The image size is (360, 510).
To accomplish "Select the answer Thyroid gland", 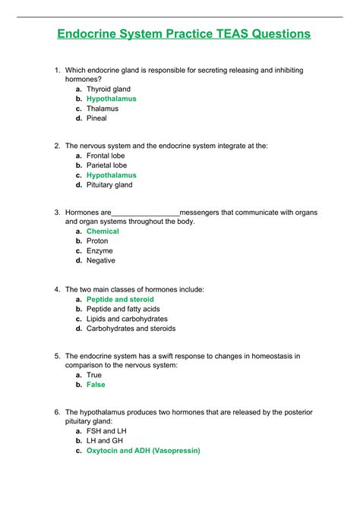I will click(x=108, y=90).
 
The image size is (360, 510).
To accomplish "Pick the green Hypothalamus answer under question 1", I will click(x=111, y=99).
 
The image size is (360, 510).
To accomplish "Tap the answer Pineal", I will click(x=96, y=118).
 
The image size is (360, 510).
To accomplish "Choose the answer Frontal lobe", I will click(x=106, y=156).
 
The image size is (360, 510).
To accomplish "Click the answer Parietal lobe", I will click(x=106, y=165).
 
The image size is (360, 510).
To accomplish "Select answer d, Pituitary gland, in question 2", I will click(x=109, y=184).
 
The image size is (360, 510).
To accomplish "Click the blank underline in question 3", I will click(x=146, y=213).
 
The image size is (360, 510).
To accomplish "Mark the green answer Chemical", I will click(x=103, y=231).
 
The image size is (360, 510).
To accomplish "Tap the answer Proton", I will click(x=97, y=241).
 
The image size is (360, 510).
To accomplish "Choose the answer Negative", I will click(x=101, y=260).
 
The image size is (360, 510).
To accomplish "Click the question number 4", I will click(x=57, y=289).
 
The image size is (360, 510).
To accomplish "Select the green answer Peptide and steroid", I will click(x=120, y=300).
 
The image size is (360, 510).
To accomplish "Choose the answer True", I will click(x=94, y=375).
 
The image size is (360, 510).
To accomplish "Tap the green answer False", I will click(x=96, y=385).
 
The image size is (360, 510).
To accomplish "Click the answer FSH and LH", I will click(x=106, y=431).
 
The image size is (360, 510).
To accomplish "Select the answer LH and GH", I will click(x=105, y=440).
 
